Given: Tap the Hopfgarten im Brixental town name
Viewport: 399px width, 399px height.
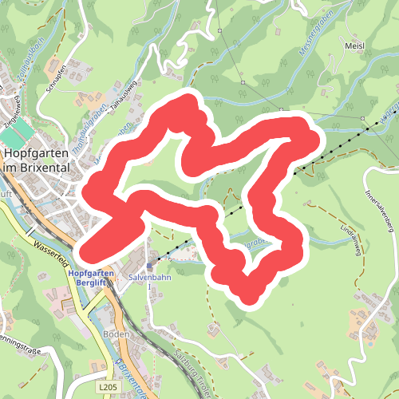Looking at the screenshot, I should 37,160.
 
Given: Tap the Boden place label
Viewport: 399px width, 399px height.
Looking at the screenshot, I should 115,334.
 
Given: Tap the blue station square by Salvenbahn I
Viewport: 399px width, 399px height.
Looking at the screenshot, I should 149,267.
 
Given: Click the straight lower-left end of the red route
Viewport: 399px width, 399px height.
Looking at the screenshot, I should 89,248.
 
